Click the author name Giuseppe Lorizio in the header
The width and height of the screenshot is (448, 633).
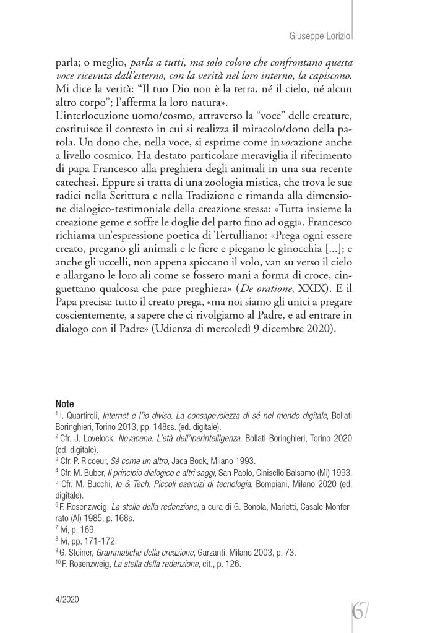[x=320, y=37]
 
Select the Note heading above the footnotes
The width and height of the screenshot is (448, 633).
[x=64, y=403]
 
